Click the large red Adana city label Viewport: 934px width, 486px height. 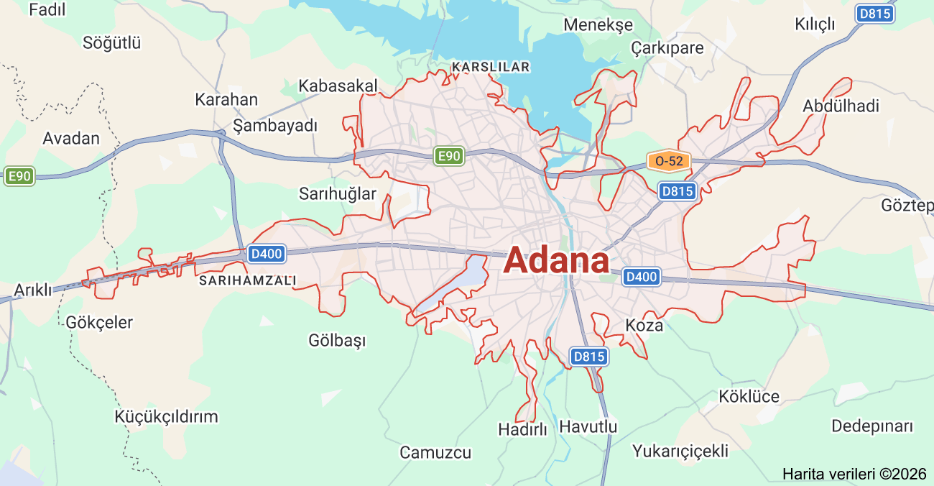coord(556,261)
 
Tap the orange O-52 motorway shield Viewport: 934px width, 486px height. coord(668,161)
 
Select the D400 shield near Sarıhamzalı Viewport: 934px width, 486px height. coord(267,253)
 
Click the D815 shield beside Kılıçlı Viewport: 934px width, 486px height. coord(875,14)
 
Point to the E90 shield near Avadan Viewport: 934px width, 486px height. coord(19,176)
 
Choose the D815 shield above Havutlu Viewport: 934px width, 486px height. coord(589,356)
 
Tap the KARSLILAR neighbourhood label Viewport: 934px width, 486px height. coord(491,67)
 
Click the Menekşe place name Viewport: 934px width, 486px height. coord(598,25)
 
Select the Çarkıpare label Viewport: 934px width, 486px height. coord(667,48)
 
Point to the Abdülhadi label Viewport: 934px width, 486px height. coord(841,106)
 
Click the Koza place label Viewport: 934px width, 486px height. coord(644,325)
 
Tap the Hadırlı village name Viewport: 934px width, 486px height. coord(522,429)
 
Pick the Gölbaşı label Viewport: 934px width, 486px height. coord(337,340)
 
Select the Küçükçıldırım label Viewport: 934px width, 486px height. coord(166,417)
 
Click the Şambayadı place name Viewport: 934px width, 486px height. coord(275,126)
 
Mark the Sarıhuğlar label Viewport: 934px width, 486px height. coord(338,194)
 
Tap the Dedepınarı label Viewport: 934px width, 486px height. coord(871,426)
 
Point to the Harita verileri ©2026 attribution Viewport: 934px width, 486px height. coord(854,474)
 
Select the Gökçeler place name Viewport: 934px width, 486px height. coord(98,322)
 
